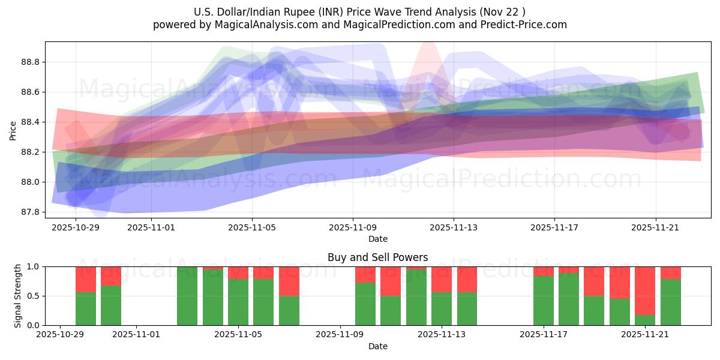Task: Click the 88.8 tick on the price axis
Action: [31, 62]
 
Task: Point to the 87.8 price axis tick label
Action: [31, 212]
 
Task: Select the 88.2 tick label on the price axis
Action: [31, 152]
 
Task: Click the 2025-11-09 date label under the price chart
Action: [353, 228]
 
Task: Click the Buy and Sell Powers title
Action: [378, 257]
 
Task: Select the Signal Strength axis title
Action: [18, 295]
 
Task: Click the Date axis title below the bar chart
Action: [378, 346]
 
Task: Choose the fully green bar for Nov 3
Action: [187, 296]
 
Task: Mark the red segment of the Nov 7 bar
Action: [289, 281]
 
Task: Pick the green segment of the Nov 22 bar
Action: [671, 302]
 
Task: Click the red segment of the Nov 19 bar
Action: [620, 282]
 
